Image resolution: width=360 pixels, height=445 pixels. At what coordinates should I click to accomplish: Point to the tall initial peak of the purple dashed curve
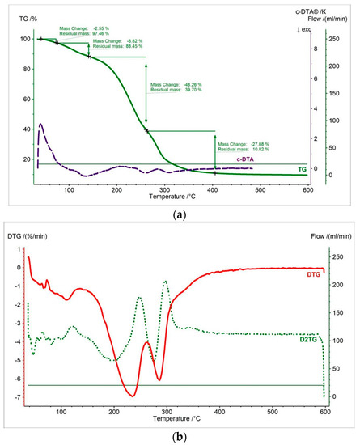(x=41, y=125)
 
